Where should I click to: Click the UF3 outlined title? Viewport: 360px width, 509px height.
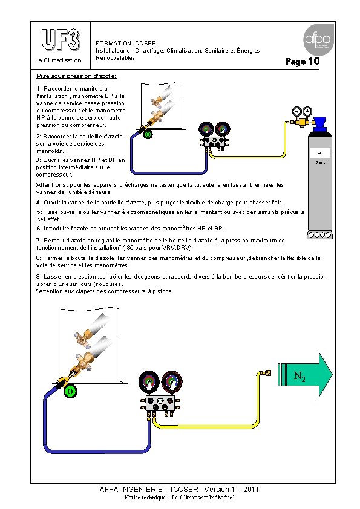click(x=61, y=39)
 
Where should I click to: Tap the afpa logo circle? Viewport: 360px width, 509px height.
click(x=318, y=40)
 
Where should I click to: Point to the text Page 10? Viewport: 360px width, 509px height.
click(x=303, y=61)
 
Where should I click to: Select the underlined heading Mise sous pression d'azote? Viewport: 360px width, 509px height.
click(x=76, y=76)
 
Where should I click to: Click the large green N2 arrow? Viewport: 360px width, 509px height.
click(x=305, y=374)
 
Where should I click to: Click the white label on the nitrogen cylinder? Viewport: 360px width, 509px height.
click(x=320, y=152)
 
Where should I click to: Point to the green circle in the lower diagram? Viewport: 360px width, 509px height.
click(x=70, y=391)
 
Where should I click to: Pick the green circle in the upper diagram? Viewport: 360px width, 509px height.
click(x=148, y=134)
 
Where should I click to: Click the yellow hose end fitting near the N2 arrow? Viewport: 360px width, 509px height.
click(x=267, y=372)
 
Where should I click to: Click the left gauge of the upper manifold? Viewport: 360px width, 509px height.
click(x=206, y=129)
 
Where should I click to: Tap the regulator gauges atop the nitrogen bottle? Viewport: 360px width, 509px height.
click(x=301, y=112)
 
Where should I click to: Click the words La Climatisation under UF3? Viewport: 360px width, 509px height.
click(x=58, y=60)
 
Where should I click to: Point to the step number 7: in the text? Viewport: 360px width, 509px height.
click(x=39, y=241)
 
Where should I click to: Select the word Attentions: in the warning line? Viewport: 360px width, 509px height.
click(x=52, y=185)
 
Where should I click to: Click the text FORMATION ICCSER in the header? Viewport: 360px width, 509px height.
click(x=126, y=43)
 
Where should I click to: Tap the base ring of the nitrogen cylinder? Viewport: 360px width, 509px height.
click(x=319, y=235)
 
